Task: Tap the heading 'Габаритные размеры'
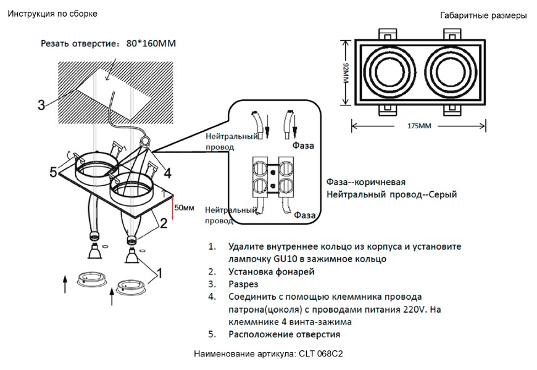tap(483, 15)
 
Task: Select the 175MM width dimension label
tap(419, 126)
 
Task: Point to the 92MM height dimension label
tap(346, 74)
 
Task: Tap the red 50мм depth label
tap(184, 207)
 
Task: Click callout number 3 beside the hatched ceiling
tap(41, 104)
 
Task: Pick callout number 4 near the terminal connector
tap(167, 172)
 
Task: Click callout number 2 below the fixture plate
tap(163, 223)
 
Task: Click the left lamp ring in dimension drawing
tap(388, 73)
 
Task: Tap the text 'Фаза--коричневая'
tap(365, 183)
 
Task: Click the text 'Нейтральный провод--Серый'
tap(391, 195)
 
